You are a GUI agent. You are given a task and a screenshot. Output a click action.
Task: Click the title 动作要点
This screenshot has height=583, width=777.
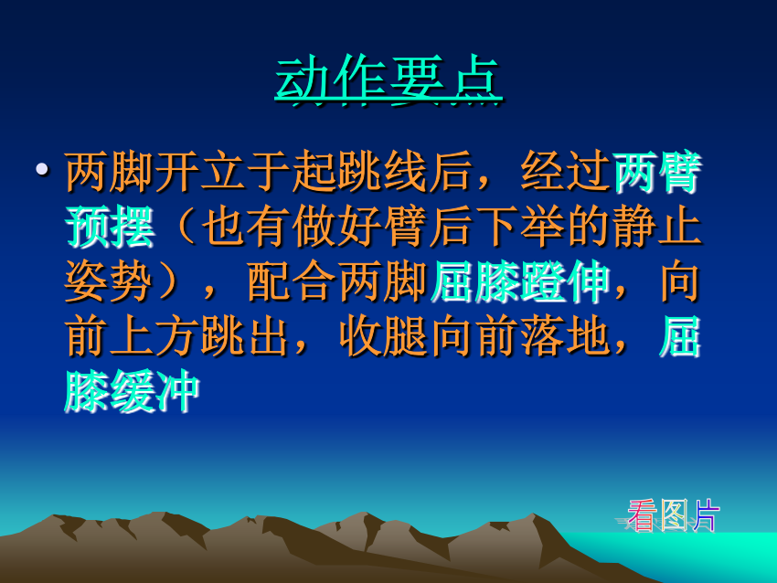click(x=388, y=79)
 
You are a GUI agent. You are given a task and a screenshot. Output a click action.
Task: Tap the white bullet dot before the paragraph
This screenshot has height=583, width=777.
click(x=42, y=169)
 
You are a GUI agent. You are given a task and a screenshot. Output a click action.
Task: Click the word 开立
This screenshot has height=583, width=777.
click(x=178, y=172)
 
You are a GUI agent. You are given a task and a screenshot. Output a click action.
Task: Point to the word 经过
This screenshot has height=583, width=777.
click(x=566, y=172)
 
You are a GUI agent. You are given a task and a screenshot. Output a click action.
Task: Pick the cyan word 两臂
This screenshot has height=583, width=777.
click(x=657, y=172)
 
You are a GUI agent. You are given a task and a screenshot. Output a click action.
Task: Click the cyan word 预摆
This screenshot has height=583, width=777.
click(x=110, y=227)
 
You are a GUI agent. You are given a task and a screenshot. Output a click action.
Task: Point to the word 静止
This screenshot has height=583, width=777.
click(x=657, y=227)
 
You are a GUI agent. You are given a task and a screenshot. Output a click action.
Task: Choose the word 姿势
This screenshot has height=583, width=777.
click(x=110, y=281)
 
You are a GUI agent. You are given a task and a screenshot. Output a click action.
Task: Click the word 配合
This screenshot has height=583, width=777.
click(x=292, y=281)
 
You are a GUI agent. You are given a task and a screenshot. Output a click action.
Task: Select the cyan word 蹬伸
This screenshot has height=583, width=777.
click(x=566, y=281)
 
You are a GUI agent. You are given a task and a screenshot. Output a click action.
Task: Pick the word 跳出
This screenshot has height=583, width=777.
click(x=246, y=337)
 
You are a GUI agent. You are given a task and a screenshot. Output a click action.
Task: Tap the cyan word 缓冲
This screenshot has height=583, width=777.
click(x=155, y=392)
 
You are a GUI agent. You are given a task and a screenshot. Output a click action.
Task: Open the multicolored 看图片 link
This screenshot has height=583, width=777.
click(x=673, y=515)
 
